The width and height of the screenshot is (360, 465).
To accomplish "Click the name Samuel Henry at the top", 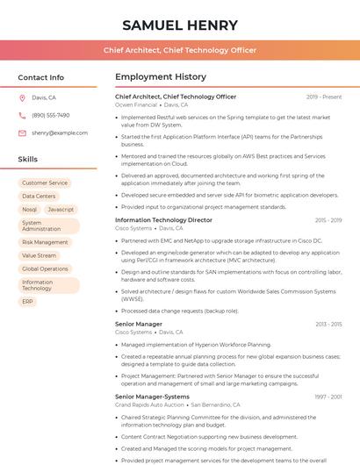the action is pyautogui.click(x=180, y=25).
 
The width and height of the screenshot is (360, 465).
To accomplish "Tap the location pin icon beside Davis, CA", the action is pyautogui.click(x=22, y=97).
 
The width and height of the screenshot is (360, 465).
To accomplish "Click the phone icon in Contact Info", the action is pyautogui.click(x=22, y=115).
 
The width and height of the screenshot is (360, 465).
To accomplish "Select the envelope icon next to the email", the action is pyautogui.click(x=22, y=132).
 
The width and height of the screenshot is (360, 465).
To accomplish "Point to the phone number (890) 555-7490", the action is pyautogui.click(x=50, y=115).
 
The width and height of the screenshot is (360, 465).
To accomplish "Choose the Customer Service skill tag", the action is pyautogui.click(x=45, y=183).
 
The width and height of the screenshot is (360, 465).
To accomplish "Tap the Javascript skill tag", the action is pyautogui.click(x=61, y=210).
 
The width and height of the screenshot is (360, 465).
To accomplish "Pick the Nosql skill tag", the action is pyautogui.click(x=30, y=210).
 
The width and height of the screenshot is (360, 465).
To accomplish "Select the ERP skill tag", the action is pyautogui.click(x=28, y=301).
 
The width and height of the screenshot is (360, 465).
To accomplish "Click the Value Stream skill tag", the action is pyautogui.click(x=39, y=255).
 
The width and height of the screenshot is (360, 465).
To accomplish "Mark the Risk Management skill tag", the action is pyautogui.click(x=45, y=242).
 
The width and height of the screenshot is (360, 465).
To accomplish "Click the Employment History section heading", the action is pyautogui.click(x=161, y=77).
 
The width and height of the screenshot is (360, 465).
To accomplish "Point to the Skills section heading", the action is pyautogui.click(x=28, y=160).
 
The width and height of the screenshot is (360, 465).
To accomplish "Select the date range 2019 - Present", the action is pyautogui.click(x=324, y=97).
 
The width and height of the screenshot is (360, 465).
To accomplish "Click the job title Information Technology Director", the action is pyautogui.click(x=163, y=220).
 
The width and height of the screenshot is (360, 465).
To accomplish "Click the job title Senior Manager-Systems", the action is pyautogui.click(x=152, y=397).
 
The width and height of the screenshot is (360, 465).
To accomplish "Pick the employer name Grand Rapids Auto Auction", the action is pyautogui.click(x=149, y=404).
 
